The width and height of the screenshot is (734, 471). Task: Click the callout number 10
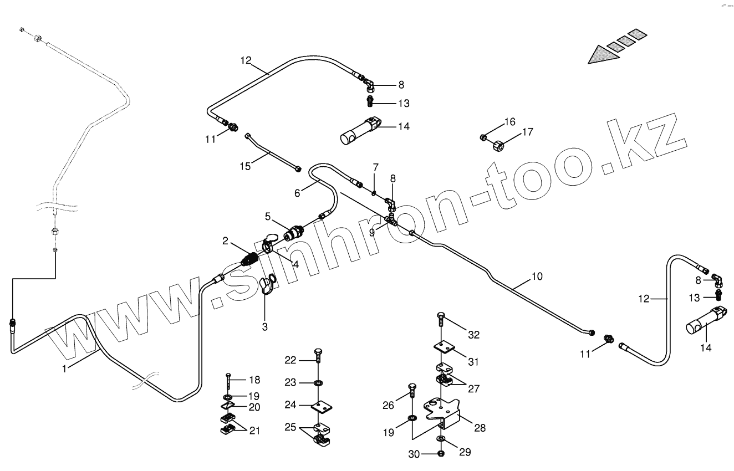pyautogui.click(x=537, y=275)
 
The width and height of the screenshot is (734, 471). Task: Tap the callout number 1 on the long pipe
pyautogui.click(x=64, y=368)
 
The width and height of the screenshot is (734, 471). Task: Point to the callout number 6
pyautogui.click(x=297, y=193)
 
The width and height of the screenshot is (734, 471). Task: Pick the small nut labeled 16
pyautogui.click(x=483, y=136)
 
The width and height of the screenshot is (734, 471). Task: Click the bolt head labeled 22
pyautogui.click(x=318, y=352)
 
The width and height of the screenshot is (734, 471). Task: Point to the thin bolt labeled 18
pyautogui.click(x=228, y=382)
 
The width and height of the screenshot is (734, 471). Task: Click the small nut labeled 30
pyautogui.click(x=440, y=453)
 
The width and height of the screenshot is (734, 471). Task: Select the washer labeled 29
pyautogui.click(x=440, y=439)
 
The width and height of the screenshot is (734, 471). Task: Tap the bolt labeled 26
pyautogui.click(x=412, y=390)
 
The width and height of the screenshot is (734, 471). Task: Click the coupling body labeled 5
pyautogui.click(x=292, y=232)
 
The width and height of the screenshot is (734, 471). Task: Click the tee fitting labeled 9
pyautogui.click(x=393, y=222)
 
